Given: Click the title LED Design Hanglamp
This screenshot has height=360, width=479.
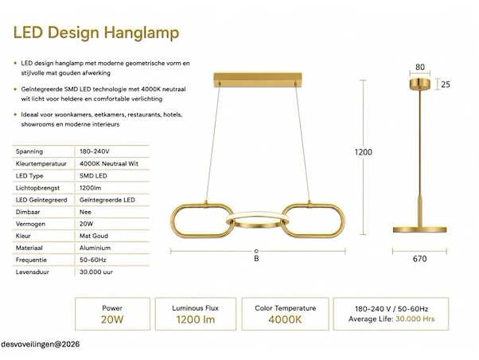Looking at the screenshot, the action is point(96,33).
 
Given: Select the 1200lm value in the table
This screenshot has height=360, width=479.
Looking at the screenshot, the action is point(90,188).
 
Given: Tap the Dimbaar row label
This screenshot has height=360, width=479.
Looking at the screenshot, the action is point(28,212).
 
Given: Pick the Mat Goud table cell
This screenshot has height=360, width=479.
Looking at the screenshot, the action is point(94,236).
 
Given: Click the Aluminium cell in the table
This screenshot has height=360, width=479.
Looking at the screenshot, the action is point(95,248).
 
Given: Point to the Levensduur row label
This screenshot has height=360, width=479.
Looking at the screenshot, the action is point(33,272).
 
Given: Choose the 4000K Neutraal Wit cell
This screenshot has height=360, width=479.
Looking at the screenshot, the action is point(109,163).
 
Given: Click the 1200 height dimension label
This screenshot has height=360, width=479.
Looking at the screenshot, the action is point(363,152).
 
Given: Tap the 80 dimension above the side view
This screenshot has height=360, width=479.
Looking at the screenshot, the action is point(420,67).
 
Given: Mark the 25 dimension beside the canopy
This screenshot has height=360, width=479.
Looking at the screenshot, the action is point(446,84).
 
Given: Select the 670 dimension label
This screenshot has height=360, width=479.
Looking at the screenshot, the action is point(420,259).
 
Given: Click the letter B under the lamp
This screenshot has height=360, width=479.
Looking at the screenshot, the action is point(256,259).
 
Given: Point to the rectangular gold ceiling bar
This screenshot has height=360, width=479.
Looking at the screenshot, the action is point(258,80).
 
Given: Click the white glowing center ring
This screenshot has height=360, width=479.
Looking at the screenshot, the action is point(257,213).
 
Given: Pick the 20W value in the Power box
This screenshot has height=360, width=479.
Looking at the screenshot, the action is point(112,319).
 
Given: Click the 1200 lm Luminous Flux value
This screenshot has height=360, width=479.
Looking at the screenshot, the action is point(196,319).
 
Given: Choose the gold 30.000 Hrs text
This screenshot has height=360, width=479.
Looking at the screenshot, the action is point(415,319).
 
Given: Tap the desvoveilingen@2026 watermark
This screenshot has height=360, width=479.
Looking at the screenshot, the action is point(41,344).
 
